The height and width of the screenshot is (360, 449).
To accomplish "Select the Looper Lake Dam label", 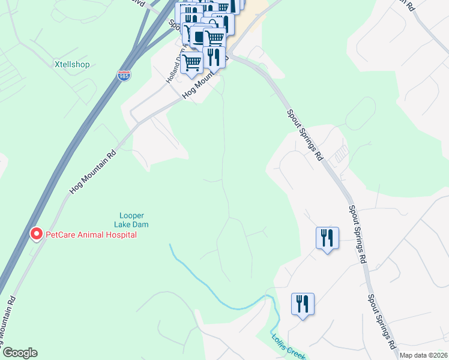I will (131, 220).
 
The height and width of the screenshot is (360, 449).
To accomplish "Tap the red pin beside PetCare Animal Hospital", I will (36, 233).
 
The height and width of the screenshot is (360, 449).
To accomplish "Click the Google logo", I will (20, 353).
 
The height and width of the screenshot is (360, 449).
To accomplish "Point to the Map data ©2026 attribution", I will (423, 355).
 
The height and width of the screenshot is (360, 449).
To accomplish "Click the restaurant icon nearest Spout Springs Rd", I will (327, 238).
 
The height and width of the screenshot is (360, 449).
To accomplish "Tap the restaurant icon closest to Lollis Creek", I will (303, 304).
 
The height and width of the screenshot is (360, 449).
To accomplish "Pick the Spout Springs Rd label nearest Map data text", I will (382, 322).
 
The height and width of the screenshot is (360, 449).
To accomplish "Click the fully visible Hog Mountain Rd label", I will (92, 171).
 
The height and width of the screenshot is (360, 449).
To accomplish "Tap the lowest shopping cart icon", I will (192, 62).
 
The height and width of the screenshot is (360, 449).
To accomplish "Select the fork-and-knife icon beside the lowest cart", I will (214, 56).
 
